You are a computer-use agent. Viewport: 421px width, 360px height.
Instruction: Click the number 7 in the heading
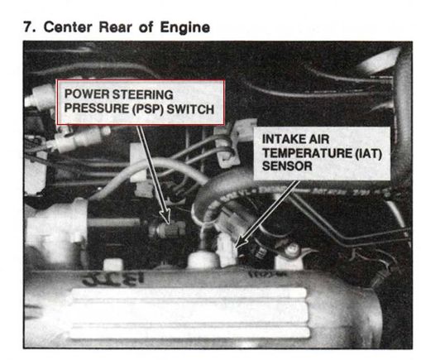pyautogui.click(x=28, y=27)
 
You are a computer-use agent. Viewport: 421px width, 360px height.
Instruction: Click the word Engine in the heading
pyautogui.click(x=185, y=28)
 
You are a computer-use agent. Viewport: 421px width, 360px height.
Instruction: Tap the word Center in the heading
pyautogui.click(x=68, y=27)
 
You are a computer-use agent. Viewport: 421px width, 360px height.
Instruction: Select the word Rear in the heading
pyautogui.click(x=115, y=27)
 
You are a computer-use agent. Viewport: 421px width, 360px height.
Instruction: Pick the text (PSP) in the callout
pyautogui.click(x=148, y=109)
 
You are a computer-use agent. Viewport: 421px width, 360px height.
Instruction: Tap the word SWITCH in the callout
pyautogui.click(x=190, y=109)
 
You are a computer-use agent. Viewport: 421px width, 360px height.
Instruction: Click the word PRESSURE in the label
pyautogui.click(x=97, y=108)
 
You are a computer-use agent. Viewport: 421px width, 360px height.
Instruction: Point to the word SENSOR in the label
pyautogui.click(x=287, y=166)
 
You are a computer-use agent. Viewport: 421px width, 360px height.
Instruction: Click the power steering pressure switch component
pyautogui.click(x=167, y=229)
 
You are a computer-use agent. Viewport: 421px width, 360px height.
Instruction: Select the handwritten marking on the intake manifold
pyautogui.click(x=113, y=279)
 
